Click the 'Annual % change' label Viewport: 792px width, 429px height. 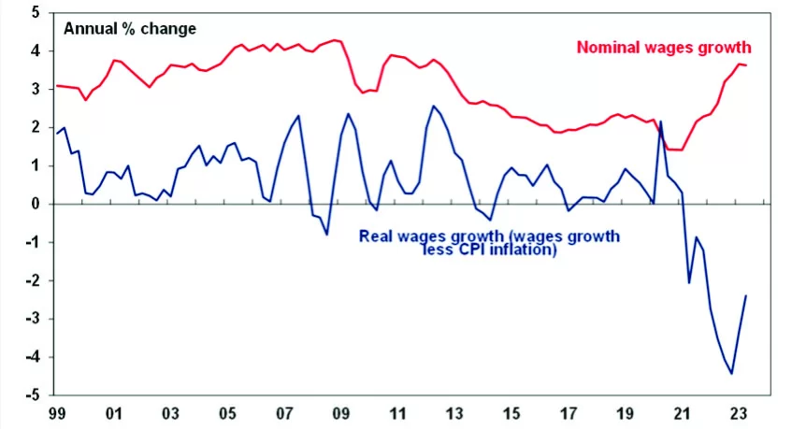coord(129,28)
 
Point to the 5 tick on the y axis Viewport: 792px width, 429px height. coord(35,13)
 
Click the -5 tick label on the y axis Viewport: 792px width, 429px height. coord(32,395)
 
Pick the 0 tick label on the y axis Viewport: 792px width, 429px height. coord(35,204)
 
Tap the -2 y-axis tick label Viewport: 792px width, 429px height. coord(32,280)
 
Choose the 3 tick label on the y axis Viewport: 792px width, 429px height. coord(35,90)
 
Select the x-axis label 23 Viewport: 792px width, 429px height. coord(738,413)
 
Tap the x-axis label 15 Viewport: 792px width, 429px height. coord(511,413)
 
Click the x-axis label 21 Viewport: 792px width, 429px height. coord(682,413)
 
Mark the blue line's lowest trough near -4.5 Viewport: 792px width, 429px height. coord(731,374)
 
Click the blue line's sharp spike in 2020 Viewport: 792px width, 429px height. coord(660,122)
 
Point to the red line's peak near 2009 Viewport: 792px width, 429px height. coord(336,40)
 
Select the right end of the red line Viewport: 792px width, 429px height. coord(745,65)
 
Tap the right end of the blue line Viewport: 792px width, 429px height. coord(745,296)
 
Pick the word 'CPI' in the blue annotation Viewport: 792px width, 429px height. coord(482,250)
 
